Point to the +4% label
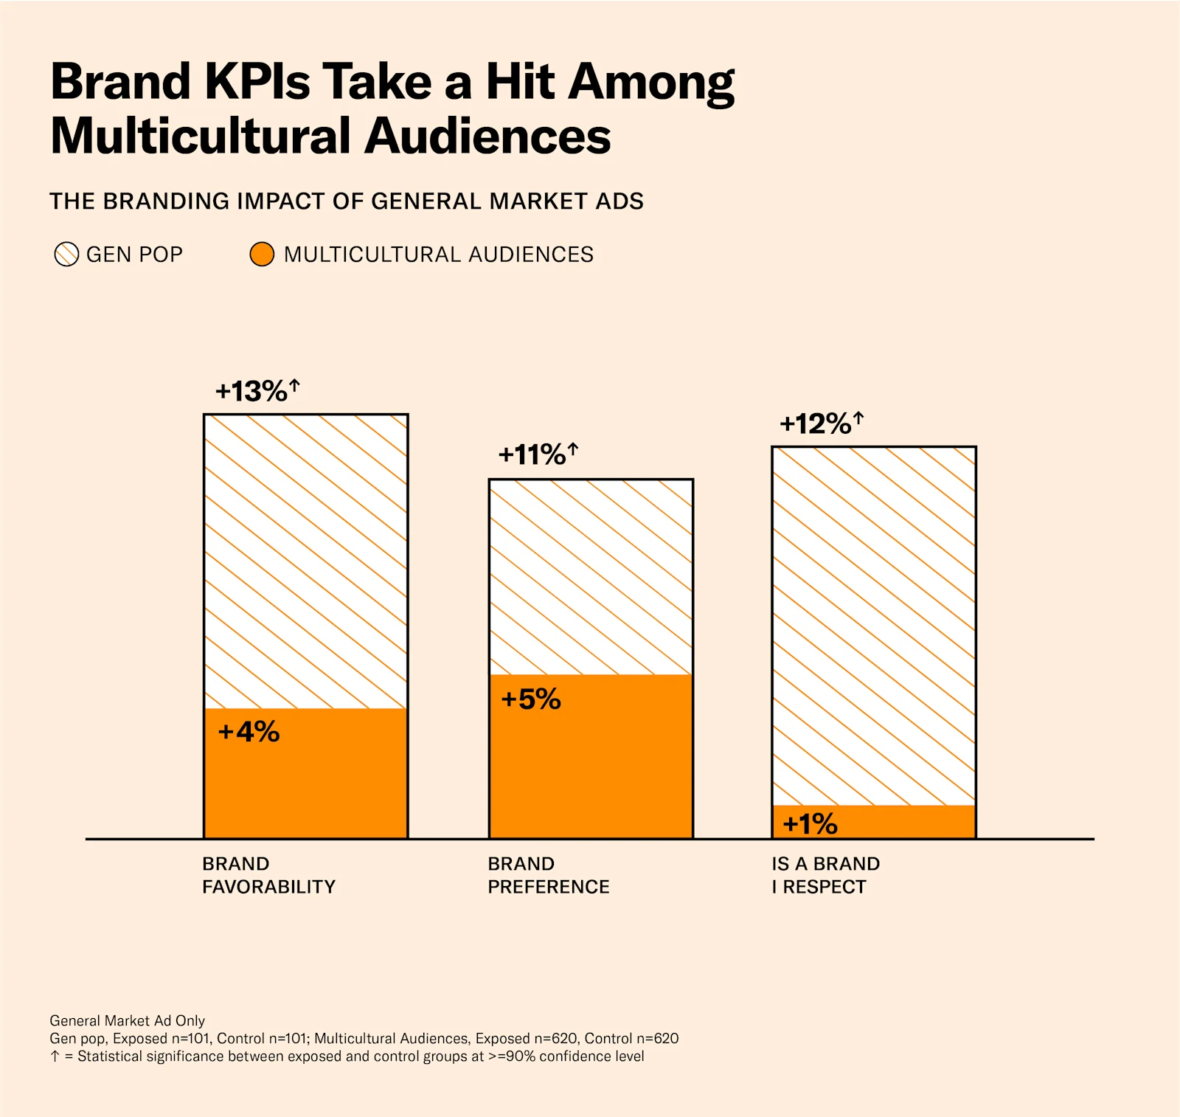pyautogui.click(x=249, y=732)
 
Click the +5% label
pyautogui.click(x=531, y=699)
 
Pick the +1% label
pyautogui.click(x=810, y=823)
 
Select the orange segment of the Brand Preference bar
pyautogui.click(x=591, y=767)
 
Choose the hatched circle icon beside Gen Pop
pyautogui.click(x=66, y=255)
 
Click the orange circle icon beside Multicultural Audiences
pyautogui.click(x=262, y=255)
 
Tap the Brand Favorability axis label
pyautogui.click(x=268, y=875)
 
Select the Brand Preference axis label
pyautogui.click(x=548, y=875)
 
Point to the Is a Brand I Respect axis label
pyautogui.click(x=825, y=875)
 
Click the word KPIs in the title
pyautogui.click(x=257, y=81)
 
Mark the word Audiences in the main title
pyautogui.click(x=487, y=136)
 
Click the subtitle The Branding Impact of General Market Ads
pyautogui.click(x=346, y=201)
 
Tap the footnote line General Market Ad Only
pyautogui.click(x=127, y=1020)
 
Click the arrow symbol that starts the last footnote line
pyautogui.click(x=55, y=1057)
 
